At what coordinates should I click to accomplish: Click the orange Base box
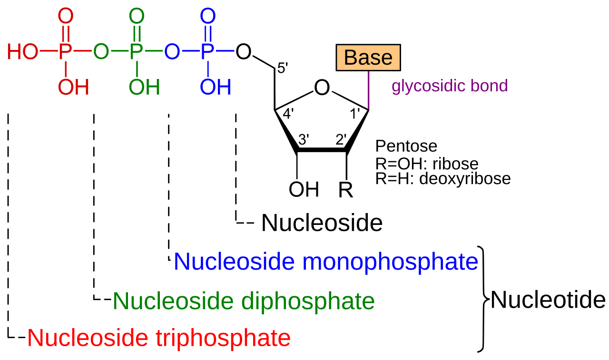point(368,58)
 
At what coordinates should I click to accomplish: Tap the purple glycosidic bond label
point(450,87)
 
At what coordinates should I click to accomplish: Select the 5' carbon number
point(283,68)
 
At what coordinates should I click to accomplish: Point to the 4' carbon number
point(288,114)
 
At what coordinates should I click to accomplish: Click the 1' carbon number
point(355,114)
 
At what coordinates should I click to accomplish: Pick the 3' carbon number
point(304,139)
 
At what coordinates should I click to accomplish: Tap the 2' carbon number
point(341,139)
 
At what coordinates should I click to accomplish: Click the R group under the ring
point(345,190)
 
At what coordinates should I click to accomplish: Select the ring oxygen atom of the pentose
point(322,88)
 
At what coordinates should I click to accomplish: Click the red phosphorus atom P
point(65,51)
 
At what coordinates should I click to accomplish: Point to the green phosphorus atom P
point(136,51)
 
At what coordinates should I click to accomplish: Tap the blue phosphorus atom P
point(207,51)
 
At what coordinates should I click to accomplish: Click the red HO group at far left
point(23,51)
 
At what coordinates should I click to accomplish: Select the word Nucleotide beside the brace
point(548,300)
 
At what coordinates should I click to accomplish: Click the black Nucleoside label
point(322,223)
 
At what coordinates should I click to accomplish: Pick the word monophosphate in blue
point(390,262)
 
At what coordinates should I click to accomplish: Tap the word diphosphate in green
point(308,302)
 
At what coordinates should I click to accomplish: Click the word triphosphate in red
point(223,338)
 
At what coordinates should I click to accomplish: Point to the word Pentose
point(406,146)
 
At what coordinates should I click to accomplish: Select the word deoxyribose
point(465,179)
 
